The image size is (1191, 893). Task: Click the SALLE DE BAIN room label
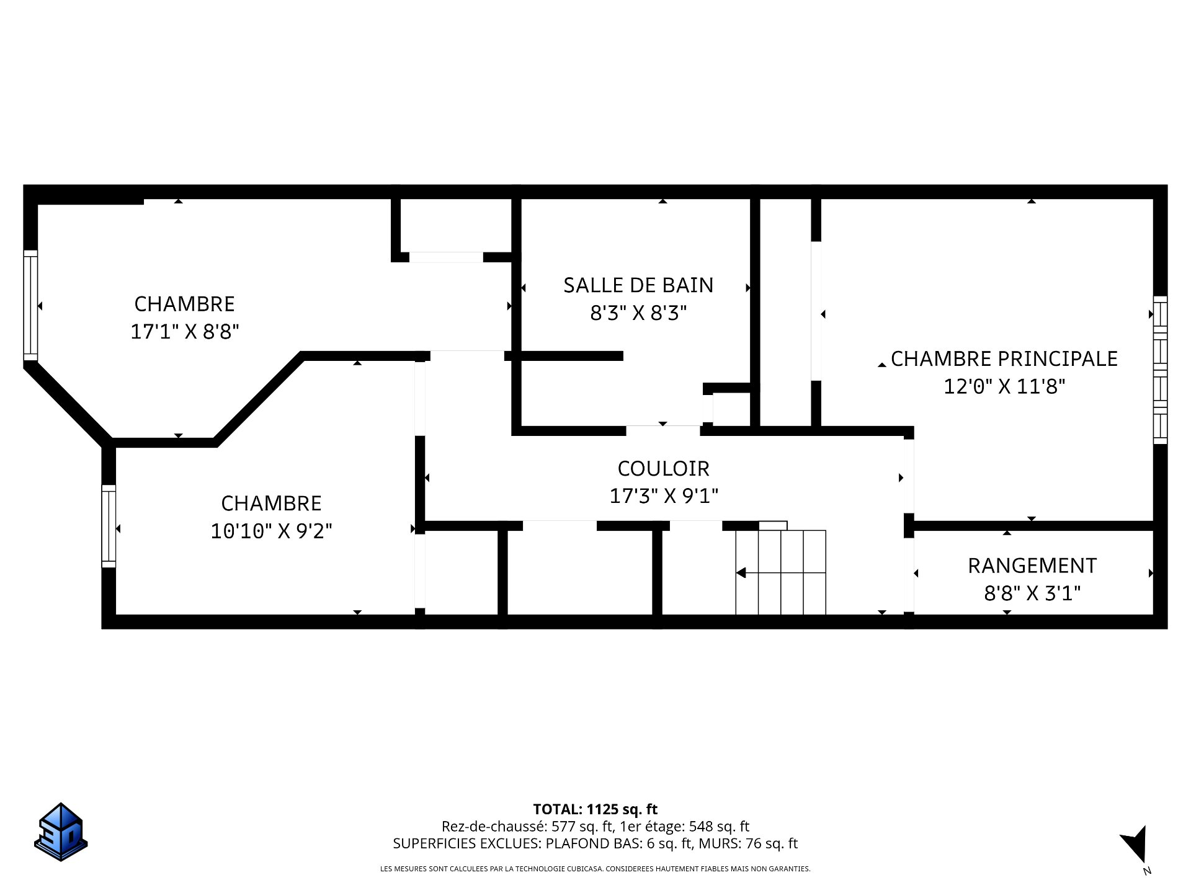638,285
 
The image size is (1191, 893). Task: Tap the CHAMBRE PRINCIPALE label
1004,359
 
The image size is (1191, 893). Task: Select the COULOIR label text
663,468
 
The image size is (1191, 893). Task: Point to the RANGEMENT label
1032,566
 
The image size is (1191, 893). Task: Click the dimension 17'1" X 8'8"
185,332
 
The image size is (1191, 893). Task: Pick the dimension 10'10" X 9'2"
272,531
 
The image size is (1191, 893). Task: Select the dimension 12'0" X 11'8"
1004,387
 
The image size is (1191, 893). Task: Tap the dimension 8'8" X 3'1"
1032,593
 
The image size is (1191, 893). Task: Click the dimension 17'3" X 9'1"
664,496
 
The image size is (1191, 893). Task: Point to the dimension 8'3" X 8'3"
638,313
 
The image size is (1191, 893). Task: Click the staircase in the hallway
780,572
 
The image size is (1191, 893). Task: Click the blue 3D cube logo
60,832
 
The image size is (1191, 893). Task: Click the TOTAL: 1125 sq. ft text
595,809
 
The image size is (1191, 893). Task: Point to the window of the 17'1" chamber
30,305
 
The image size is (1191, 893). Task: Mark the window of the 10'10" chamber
109,526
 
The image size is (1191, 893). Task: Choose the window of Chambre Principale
1160,370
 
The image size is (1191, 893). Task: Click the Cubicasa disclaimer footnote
595,869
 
